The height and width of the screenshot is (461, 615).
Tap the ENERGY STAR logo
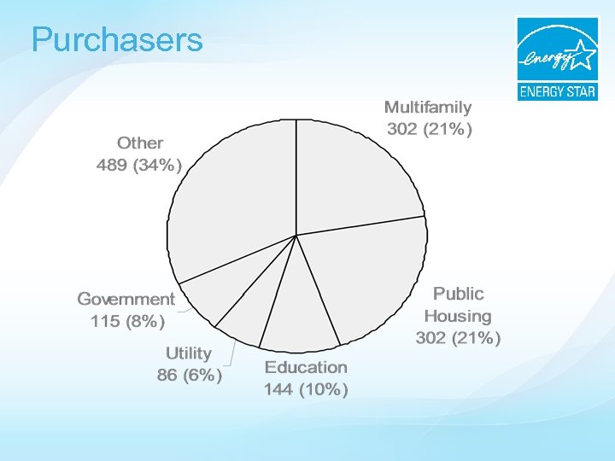[557, 58]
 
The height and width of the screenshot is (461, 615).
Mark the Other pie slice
[231, 196]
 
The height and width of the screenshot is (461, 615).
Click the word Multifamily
[427, 108]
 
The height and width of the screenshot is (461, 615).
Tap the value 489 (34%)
[139, 166]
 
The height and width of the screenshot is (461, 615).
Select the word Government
[126, 299]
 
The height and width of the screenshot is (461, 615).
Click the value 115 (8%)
[127, 322]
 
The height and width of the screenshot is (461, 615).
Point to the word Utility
[188, 353]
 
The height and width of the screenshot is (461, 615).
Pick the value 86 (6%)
[190, 375]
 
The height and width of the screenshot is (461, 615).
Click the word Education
[306, 367]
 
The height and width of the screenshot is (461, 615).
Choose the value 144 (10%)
[306, 390]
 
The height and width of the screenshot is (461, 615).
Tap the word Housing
[458, 316]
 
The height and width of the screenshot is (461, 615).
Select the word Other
[140, 143]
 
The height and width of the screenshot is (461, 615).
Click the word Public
[458, 294]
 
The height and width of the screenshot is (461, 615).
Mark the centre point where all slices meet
[296, 235]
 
